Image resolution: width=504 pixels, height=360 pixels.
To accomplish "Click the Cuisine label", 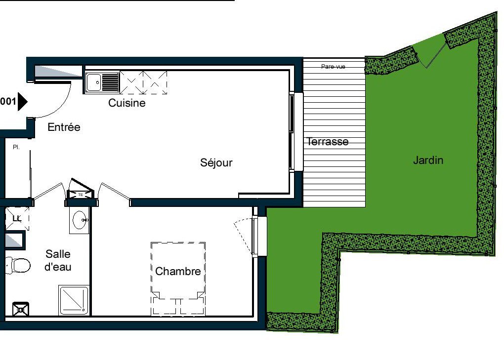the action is tap(126, 103).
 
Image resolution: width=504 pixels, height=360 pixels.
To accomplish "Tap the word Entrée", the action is tap(64, 127).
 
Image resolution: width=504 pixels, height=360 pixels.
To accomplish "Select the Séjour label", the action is tap(216, 162).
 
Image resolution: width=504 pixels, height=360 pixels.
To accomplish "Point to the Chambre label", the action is tap(178, 272).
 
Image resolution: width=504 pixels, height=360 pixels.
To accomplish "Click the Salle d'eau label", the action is tap(58, 260).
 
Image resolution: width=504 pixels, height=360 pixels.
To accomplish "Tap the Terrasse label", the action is tap(328, 142).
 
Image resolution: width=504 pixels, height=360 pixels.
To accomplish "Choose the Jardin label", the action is tap(428, 160).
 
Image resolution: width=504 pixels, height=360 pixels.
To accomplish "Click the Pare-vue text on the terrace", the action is tap(333, 67).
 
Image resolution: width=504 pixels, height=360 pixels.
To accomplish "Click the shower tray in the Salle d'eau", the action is tap(74, 300).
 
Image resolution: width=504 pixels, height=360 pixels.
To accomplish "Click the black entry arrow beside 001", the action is tap(23, 102).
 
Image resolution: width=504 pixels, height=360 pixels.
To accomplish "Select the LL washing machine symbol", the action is tap(17, 219).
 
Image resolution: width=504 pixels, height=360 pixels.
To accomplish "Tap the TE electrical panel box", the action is tap(81, 195).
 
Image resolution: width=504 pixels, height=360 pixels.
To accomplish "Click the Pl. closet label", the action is tap(16, 147).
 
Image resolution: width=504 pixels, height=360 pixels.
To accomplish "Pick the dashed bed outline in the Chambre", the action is tap(178, 279).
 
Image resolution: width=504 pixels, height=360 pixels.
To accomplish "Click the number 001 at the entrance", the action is tap(8, 102).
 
